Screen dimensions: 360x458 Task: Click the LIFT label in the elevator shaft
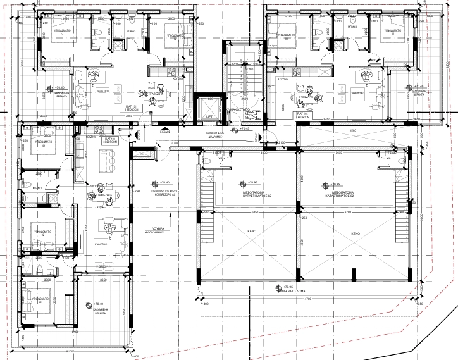pos(208,118)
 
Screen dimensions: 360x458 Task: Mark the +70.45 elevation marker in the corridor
pos(240,128)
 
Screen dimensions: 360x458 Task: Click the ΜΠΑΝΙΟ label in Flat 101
pos(132,30)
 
